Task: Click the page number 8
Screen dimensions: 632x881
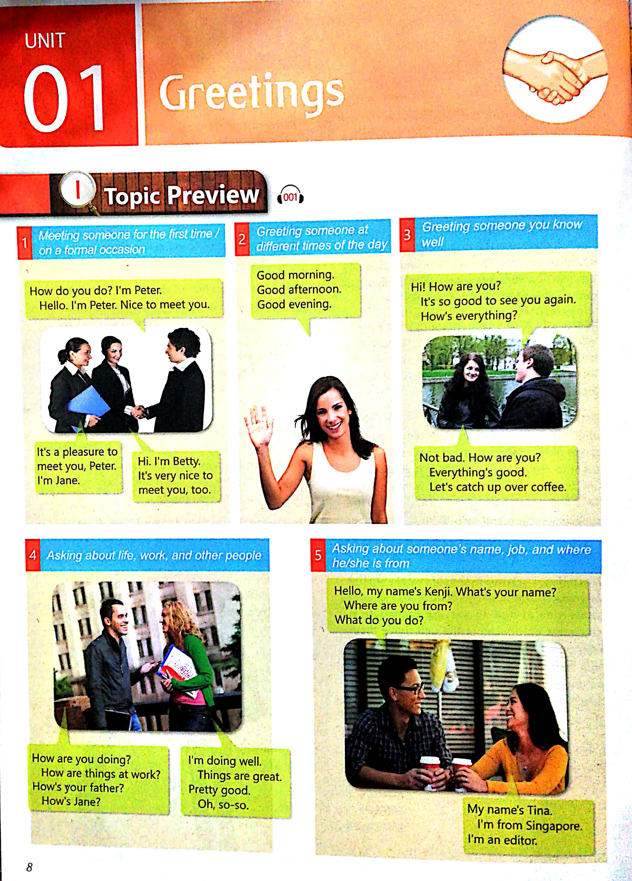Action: point(29,867)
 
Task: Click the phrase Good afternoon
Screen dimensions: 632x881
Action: point(299,289)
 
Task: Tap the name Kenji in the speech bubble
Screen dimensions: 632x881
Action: point(438,592)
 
